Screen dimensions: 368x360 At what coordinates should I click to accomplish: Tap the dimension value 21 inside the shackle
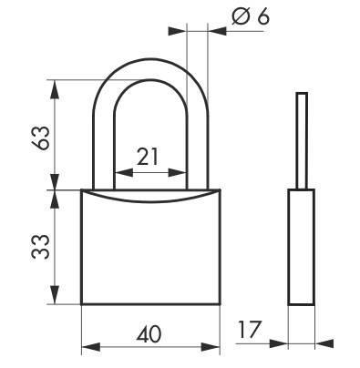[x=149, y=156]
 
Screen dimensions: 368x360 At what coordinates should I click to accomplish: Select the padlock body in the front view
[x=151, y=250]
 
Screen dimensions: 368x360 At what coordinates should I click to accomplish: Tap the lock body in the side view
[x=301, y=246]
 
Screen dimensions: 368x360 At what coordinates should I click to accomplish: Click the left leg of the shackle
[x=103, y=137]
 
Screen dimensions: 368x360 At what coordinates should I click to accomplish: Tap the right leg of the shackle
[x=198, y=137]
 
